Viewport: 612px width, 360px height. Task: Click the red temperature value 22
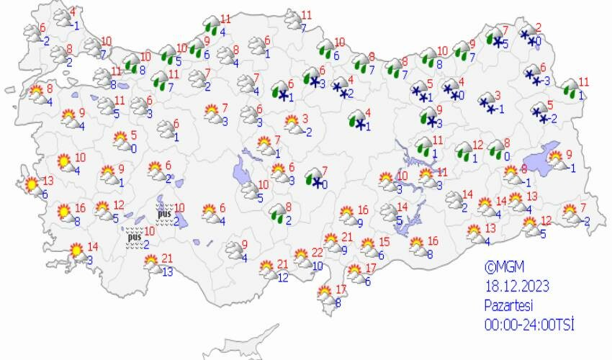[x=318, y=253]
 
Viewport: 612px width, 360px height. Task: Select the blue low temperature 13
[x=167, y=271]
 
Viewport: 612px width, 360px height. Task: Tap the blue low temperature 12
[x=283, y=277]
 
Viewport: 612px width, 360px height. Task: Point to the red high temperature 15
[x=384, y=242]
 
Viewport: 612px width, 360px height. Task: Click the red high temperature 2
[x=538, y=27]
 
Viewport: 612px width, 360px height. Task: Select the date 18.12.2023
[x=516, y=287]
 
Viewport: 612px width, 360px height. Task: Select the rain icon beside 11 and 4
[x=211, y=24]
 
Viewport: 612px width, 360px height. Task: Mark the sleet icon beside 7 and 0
[x=314, y=177]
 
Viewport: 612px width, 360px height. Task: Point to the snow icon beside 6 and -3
[x=534, y=76]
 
